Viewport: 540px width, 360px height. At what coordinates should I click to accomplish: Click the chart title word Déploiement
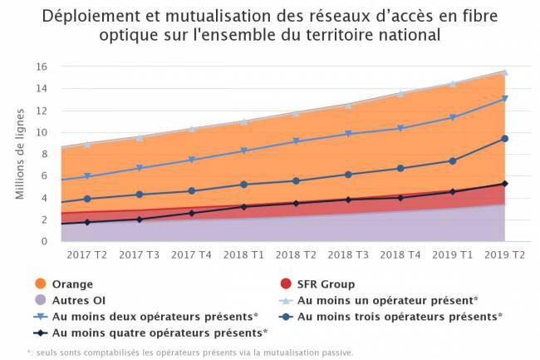point(89,17)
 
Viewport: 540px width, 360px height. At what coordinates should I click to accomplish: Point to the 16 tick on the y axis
point(41,67)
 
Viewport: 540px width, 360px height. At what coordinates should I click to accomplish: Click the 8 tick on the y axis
point(44,154)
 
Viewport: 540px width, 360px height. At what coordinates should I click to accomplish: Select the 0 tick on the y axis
point(44,242)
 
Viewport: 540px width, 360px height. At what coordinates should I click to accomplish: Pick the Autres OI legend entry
point(78,300)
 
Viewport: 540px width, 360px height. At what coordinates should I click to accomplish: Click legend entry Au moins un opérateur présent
point(387,300)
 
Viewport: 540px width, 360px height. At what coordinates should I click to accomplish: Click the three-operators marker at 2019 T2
point(504,139)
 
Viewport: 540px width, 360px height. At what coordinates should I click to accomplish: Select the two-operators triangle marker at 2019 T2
point(504,99)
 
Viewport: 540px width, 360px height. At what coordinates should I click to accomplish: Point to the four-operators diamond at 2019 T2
point(504,184)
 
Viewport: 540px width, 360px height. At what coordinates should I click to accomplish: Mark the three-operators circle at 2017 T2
point(86,199)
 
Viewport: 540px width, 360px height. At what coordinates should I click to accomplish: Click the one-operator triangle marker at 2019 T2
point(504,72)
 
